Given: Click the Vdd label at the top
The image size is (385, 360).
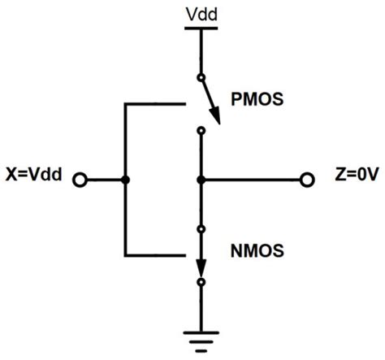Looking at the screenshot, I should pyautogui.click(x=201, y=13).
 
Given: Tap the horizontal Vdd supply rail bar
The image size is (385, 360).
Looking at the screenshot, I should pyautogui.click(x=201, y=28).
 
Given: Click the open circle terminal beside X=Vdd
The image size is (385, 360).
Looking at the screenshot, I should pyautogui.click(x=80, y=179).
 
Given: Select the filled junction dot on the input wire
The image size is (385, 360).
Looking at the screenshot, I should pyautogui.click(x=124, y=179).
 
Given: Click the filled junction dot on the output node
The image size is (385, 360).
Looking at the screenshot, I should pyautogui.click(x=201, y=179).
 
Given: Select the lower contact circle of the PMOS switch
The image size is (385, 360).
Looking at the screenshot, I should pyautogui.click(x=201, y=129).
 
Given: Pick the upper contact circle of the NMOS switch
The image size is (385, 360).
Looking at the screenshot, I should pyautogui.click(x=201, y=229).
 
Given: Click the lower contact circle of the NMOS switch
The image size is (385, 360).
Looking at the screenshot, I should pyautogui.click(x=201, y=282).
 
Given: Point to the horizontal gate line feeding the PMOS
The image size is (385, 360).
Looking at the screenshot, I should pyautogui.click(x=154, y=103).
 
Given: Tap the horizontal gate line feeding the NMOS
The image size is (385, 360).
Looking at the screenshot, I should pyautogui.click(x=154, y=254).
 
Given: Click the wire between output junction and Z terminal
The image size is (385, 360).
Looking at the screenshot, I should pyautogui.click(x=252, y=179).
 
